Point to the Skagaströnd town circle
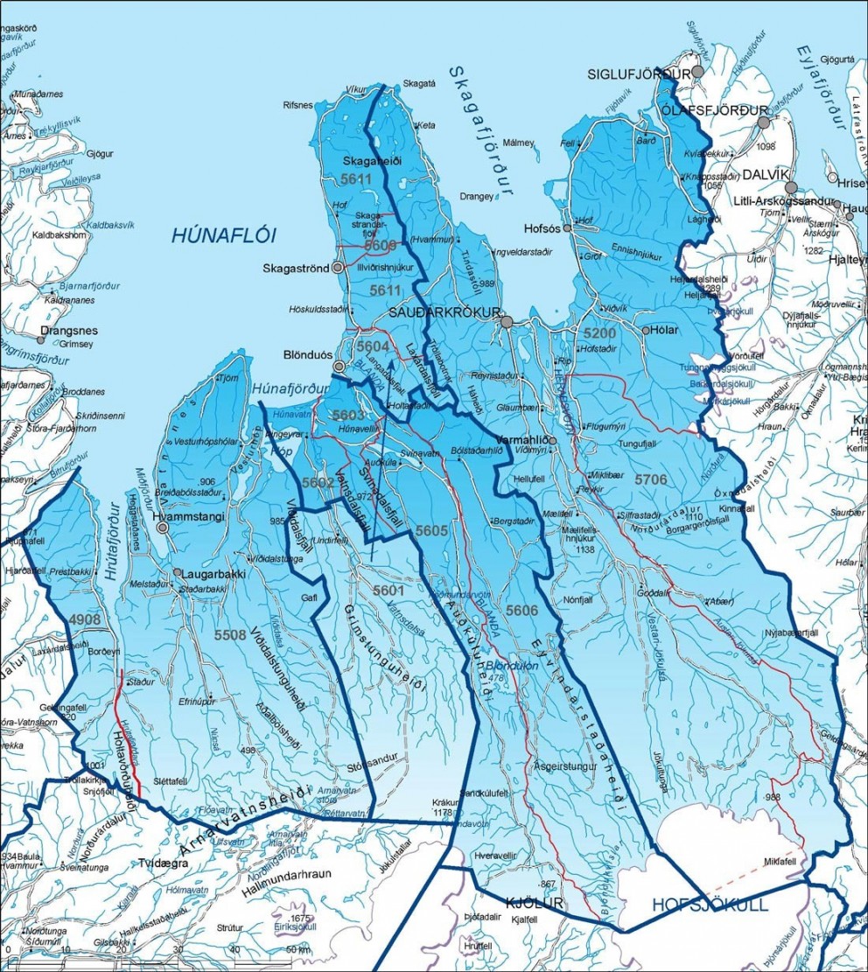[338, 269]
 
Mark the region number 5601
[388, 591]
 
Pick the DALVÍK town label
[759, 186]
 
